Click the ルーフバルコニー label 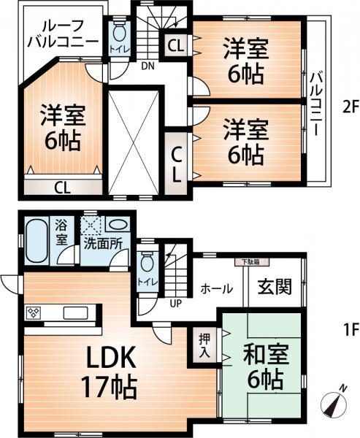[x=62, y=33]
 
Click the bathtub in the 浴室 [x=36, y=243]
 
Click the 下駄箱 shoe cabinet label [x=245, y=262]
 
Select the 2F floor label [x=350, y=107]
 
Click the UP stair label [x=176, y=301]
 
